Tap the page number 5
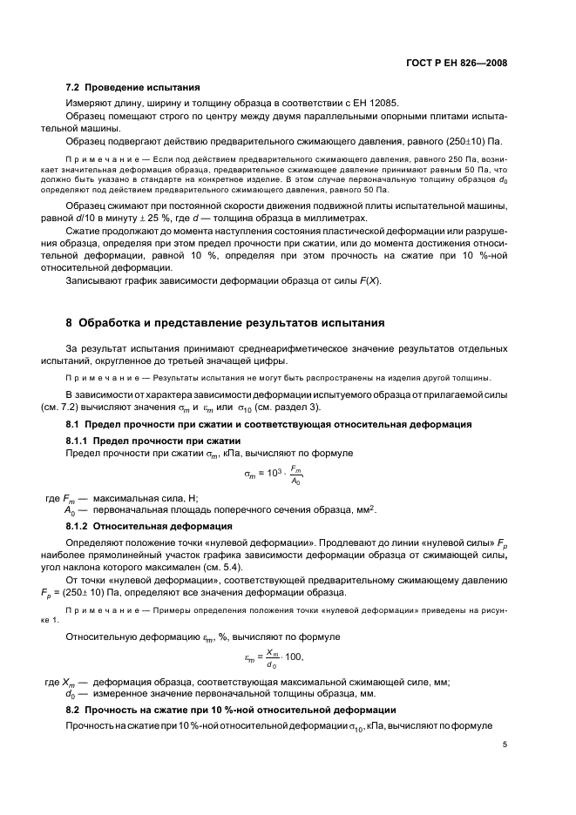point(505,744)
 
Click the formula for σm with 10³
point(274,476)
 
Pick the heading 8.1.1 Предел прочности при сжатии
point(141,441)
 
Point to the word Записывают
point(95,281)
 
